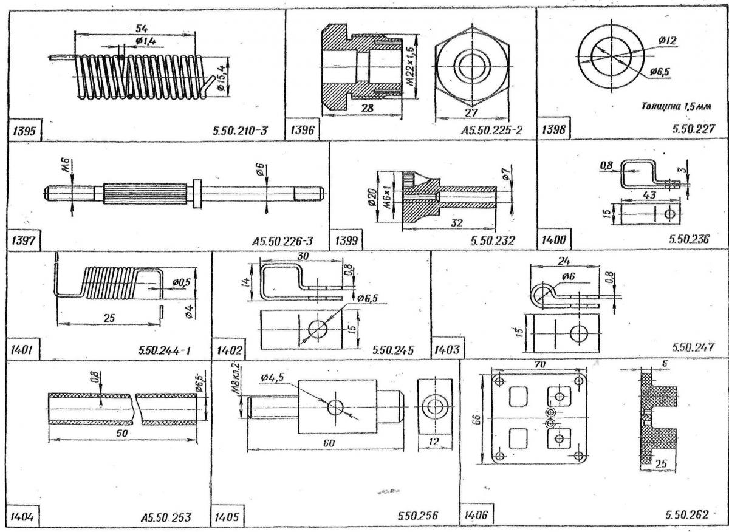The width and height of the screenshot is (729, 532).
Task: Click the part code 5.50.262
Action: click(x=686, y=515)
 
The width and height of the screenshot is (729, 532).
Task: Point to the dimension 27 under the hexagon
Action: click(x=471, y=112)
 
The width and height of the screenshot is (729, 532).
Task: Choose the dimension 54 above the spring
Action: click(x=142, y=29)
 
